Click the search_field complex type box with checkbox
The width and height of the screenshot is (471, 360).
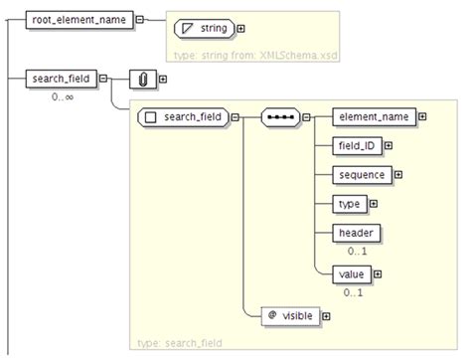[x=183, y=117]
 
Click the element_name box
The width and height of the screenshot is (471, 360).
[x=373, y=117]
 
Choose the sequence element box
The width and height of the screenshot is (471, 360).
[x=362, y=175]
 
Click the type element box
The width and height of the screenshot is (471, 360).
[x=350, y=204]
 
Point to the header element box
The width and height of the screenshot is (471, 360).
[x=356, y=233]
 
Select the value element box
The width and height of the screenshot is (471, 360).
[x=354, y=273]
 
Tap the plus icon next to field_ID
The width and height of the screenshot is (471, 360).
[x=389, y=146]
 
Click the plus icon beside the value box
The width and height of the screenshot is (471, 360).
[x=378, y=273]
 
